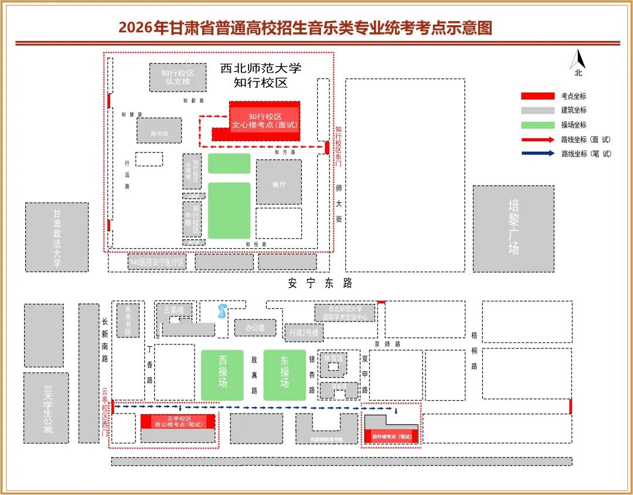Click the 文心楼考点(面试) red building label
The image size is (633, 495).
[x=264, y=121]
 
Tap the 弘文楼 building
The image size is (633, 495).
[x=178, y=77]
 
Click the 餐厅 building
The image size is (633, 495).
[x=279, y=182]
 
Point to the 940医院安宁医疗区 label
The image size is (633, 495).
[x=157, y=262]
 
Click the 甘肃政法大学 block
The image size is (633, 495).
[x=57, y=237]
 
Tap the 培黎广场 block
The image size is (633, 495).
[x=513, y=228]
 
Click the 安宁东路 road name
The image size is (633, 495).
[x=321, y=283]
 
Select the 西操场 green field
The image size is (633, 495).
[x=223, y=375]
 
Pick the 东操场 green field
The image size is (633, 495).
[x=284, y=375]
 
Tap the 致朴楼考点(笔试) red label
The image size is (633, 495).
[x=392, y=436]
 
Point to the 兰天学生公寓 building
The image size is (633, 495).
[x=47, y=408]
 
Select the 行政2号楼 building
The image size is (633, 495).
[x=304, y=333]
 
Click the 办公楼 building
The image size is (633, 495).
[x=255, y=327]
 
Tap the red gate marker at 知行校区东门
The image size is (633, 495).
[x=327, y=147]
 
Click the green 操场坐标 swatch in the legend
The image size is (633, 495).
[x=537, y=125]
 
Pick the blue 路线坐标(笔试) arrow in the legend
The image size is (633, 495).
[x=537, y=153]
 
